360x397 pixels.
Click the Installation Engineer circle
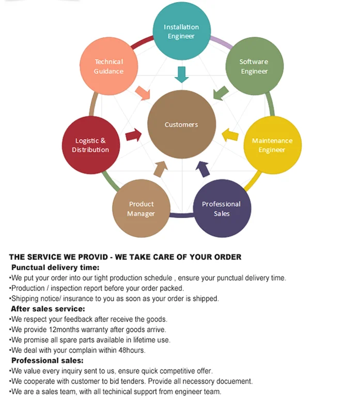(x=181, y=32)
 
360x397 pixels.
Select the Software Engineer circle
(x=254, y=66)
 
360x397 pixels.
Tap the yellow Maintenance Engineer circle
(x=272, y=145)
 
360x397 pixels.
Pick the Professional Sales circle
(x=222, y=208)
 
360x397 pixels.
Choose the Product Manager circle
(x=142, y=208)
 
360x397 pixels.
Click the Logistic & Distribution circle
(x=90, y=145)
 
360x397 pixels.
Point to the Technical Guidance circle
(x=108, y=66)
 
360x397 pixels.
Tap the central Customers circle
(x=181, y=124)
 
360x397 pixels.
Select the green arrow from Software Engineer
(x=221, y=93)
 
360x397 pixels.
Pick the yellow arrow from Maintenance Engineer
(x=230, y=135)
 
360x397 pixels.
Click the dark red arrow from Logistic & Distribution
(x=133, y=135)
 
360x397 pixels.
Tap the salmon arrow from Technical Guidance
(x=142, y=93)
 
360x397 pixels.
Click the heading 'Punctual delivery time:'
(x=55, y=267)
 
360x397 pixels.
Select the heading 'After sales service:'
(x=48, y=309)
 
